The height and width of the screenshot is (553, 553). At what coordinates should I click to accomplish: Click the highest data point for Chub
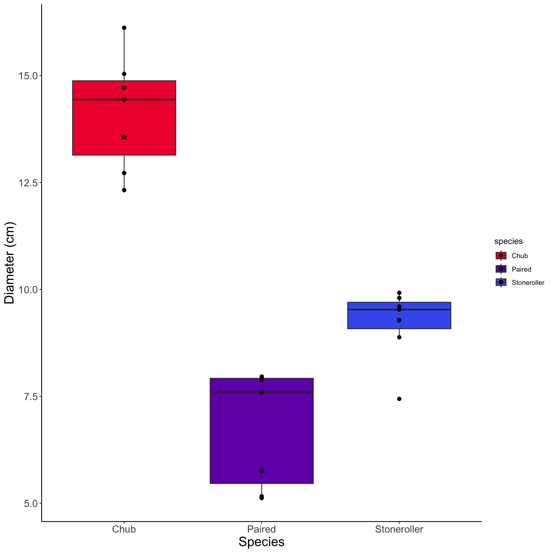tap(124, 28)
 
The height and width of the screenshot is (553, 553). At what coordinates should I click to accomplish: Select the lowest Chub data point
tap(124, 190)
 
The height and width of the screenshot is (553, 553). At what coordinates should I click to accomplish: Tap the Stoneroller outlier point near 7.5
tap(399, 399)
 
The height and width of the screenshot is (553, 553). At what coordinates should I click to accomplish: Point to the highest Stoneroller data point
tap(399, 293)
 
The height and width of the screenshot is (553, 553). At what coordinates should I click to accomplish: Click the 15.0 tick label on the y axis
tap(28, 76)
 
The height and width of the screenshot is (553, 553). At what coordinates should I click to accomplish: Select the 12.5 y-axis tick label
tap(28, 183)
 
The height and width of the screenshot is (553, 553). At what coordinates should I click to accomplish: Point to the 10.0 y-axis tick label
tap(28, 289)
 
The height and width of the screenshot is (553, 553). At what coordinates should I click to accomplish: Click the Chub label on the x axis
tap(124, 529)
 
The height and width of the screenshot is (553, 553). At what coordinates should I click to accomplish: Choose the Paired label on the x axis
tap(262, 529)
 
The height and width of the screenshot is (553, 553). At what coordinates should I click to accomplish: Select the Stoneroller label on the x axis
tap(399, 529)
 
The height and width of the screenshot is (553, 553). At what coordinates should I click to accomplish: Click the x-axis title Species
tap(262, 542)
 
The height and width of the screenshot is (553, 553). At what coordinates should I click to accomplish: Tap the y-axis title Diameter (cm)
tap(10, 263)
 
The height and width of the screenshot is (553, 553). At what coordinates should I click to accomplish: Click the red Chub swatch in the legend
tap(501, 255)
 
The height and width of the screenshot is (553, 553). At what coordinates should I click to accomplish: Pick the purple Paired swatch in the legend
tap(501, 269)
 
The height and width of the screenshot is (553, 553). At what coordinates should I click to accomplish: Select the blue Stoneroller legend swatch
tap(501, 282)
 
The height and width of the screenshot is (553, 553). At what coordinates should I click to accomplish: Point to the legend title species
tap(508, 241)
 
